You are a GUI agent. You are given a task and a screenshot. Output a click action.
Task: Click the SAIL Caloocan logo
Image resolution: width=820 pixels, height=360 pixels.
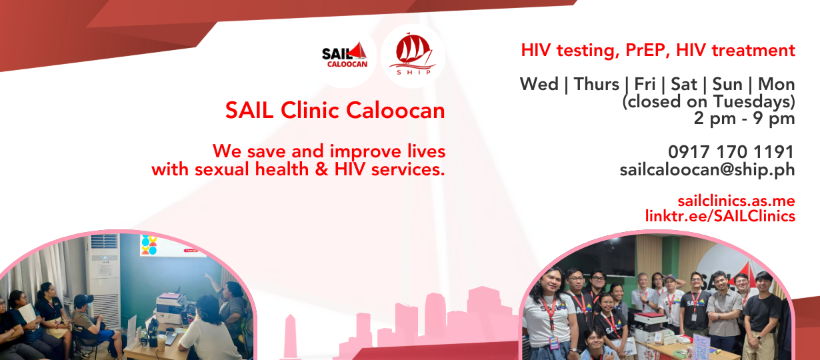click(x=344, y=55)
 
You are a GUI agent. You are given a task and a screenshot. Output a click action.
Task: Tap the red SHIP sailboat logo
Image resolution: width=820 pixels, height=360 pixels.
click(x=413, y=54)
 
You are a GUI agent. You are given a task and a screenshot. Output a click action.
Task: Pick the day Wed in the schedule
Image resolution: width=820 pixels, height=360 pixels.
click(x=539, y=84)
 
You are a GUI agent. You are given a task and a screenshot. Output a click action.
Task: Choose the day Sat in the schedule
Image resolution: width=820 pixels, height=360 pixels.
click(x=684, y=84)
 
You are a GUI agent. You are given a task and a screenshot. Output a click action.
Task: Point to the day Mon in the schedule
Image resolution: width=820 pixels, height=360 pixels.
click(x=777, y=84)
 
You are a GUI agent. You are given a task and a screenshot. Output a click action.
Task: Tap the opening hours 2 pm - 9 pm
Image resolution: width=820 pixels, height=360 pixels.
click(x=744, y=118)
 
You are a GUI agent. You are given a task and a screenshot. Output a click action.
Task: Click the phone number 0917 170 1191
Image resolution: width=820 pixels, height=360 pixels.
click(x=731, y=151)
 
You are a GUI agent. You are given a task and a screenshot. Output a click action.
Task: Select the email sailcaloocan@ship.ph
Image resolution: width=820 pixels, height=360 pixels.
click(x=707, y=169)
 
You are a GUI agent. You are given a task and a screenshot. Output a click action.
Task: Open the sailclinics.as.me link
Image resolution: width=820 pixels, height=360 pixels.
click(x=736, y=201)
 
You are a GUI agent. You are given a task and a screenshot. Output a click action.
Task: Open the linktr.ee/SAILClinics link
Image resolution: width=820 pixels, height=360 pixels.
click(x=720, y=216)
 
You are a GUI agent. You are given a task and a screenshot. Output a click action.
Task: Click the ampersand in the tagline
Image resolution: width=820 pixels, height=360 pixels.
click(x=321, y=169)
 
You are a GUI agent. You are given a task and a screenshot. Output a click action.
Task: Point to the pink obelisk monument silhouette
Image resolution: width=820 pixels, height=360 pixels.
click(x=290, y=336)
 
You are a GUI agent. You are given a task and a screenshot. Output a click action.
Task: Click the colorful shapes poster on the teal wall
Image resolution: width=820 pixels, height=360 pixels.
click(x=149, y=245)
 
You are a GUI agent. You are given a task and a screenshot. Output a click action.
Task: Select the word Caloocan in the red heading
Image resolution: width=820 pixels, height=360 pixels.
click(x=395, y=110)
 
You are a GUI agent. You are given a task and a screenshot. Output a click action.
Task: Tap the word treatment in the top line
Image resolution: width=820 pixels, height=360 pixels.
click(x=753, y=50)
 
